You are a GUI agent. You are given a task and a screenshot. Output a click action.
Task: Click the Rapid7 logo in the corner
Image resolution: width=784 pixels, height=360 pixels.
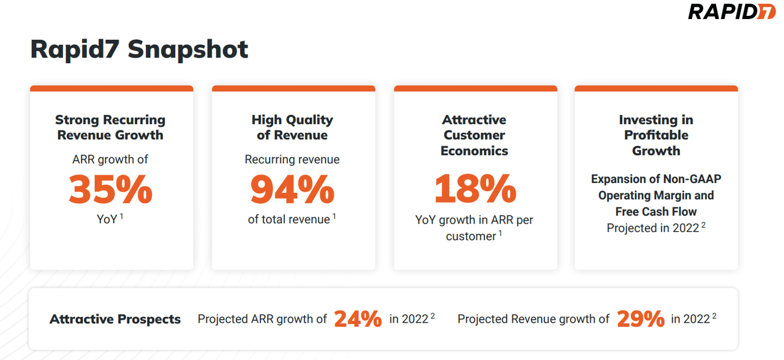pyautogui.click(x=731, y=12)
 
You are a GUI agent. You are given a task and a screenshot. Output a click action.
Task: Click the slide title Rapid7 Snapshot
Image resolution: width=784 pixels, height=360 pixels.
pyautogui.click(x=139, y=49)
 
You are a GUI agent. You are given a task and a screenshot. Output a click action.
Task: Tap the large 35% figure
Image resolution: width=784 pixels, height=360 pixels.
pyautogui.click(x=110, y=189)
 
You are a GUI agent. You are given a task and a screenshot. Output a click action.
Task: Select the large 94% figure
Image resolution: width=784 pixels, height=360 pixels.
pyautogui.click(x=292, y=189)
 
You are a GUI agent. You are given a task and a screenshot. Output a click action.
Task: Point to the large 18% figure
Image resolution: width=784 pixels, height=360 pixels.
pyautogui.click(x=475, y=189)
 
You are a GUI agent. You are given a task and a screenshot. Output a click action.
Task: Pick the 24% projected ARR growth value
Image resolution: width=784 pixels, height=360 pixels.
pyautogui.click(x=358, y=319)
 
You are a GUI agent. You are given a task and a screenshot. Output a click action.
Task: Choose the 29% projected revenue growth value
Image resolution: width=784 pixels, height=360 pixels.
pyautogui.click(x=640, y=319)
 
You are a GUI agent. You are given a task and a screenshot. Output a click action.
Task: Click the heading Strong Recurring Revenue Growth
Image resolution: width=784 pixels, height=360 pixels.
pyautogui.click(x=110, y=127)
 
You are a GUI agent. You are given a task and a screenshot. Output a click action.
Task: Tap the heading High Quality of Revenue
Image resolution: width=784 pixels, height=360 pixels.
pyautogui.click(x=292, y=127)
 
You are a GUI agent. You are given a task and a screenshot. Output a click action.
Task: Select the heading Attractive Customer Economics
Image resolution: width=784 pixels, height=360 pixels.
pyautogui.click(x=475, y=135)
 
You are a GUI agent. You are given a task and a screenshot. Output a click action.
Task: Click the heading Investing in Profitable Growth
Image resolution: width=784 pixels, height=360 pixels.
pyautogui.click(x=656, y=135)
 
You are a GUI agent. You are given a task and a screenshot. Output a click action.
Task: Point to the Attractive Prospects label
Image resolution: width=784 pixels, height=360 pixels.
pyautogui.click(x=115, y=320)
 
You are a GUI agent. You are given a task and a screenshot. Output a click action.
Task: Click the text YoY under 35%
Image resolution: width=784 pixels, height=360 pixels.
pyautogui.click(x=107, y=219)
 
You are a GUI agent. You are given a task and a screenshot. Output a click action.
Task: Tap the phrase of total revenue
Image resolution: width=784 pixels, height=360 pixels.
pyautogui.click(x=288, y=219)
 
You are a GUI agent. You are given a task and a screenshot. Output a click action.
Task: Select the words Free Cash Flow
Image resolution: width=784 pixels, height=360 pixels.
pyautogui.click(x=656, y=212)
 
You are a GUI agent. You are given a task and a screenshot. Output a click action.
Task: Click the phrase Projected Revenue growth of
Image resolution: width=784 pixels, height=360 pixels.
pyautogui.click(x=533, y=319)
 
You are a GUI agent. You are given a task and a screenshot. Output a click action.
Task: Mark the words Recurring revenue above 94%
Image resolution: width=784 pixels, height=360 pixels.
pyautogui.click(x=292, y=160)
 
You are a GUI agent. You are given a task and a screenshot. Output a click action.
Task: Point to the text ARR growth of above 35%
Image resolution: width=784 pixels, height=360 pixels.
pyautogui.click(x=110, y=160)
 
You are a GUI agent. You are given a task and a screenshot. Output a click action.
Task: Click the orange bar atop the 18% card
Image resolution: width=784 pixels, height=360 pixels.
pyautogui.click(x=475, y=89)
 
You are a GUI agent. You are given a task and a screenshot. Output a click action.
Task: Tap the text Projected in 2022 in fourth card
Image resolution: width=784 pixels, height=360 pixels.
pyautogui.click(x=652, y=228)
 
